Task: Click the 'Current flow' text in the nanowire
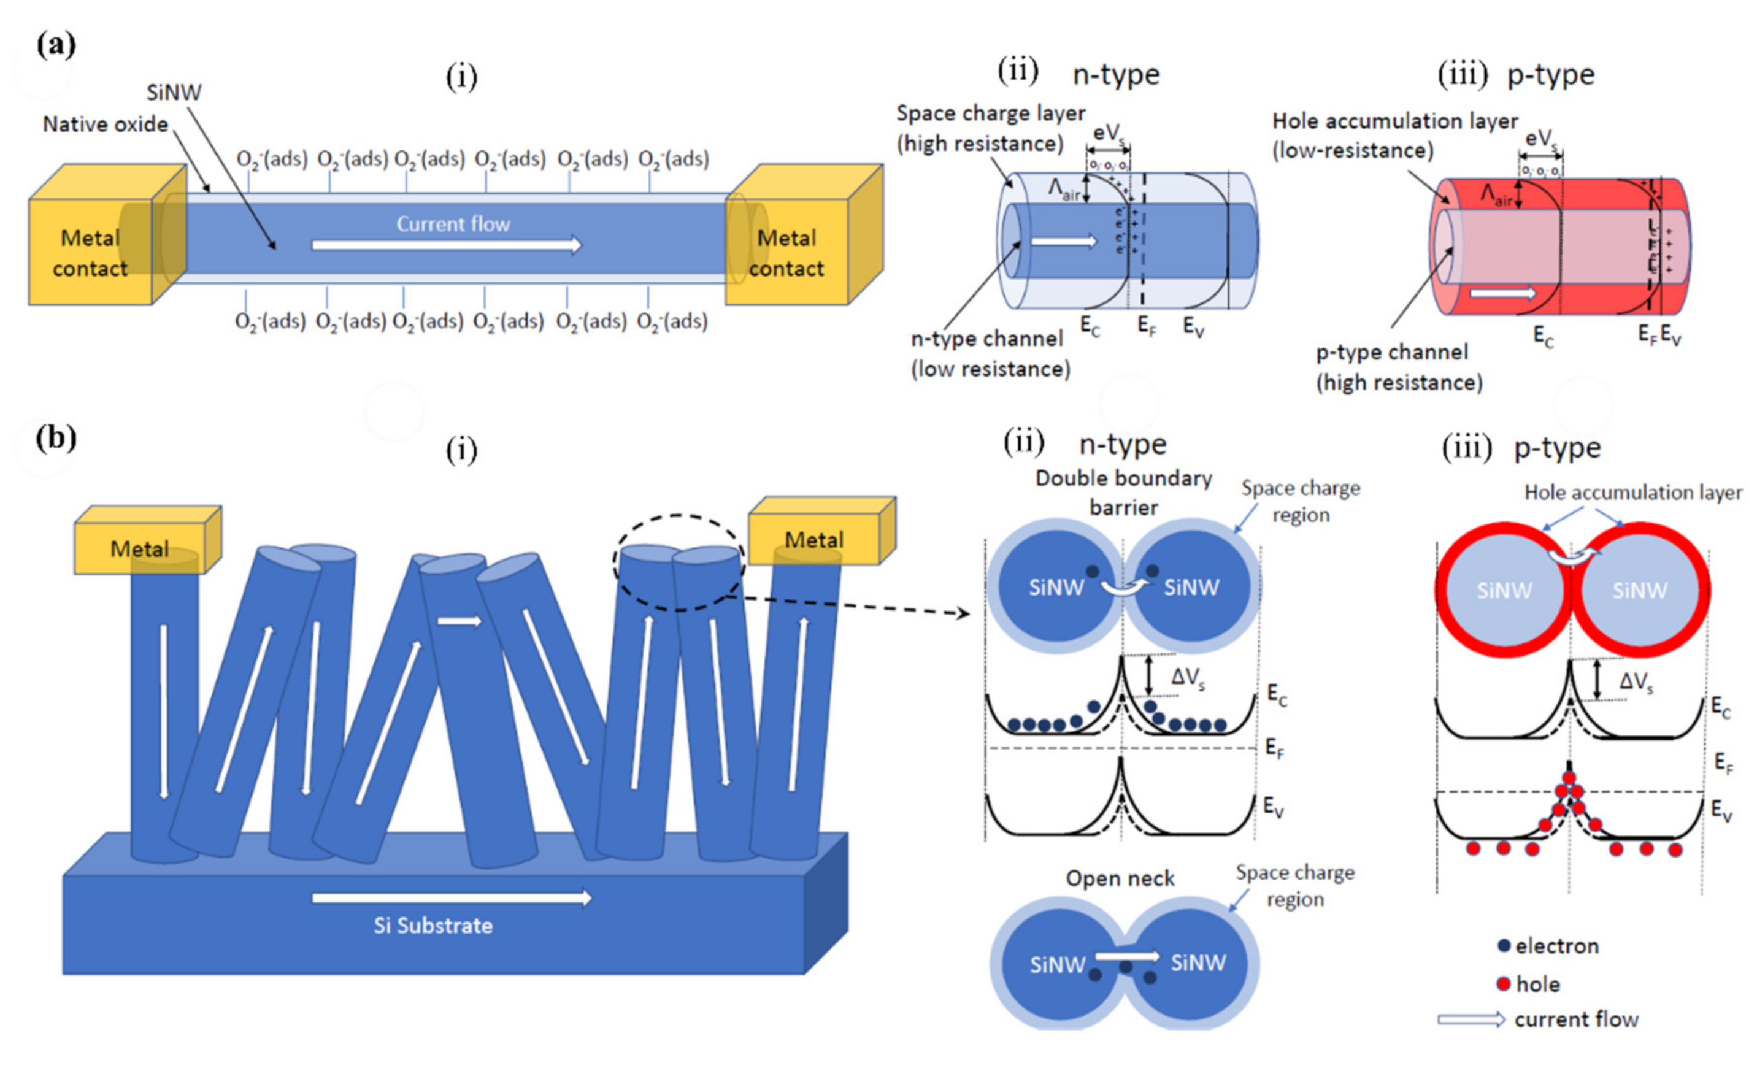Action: pyautogui.click(x=453, y=224)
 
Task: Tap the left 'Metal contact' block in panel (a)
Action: pyautogui.click(x=90, y=253)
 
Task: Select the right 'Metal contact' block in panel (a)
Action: pyautogui.click(x=786, y=253)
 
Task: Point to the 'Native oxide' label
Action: pyautogui.click(x=106, y=124)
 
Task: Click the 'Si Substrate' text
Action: pyautogui.click(x=433, y=926)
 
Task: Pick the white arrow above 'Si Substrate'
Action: pyautogui.click(x=452, y=898)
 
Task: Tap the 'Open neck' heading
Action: pyautogui.click(x=1120, y=878)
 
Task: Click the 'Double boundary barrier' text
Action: pyautogui.click(x=1123, y=493)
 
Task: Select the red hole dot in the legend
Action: pyautogui.click(x=1503, y=984)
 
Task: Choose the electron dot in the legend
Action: pyautogui.click(x=1504, y=945)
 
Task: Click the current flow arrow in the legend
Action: pyautogui.click(x=1471, y=1019)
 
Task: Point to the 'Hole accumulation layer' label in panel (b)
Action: pyautogui.click(x=1632, y=492)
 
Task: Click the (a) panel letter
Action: pyautogui.click(x=56, y=45)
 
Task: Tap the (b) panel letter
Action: pyautogui.click(x=56, y=438)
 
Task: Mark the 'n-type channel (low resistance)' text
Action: pyautogui.click(x=990, y=354)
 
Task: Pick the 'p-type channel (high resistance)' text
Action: pyautogui.click(x=1398, y=367)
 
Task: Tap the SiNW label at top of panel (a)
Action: pyautogui.click(x=174, y=92)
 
